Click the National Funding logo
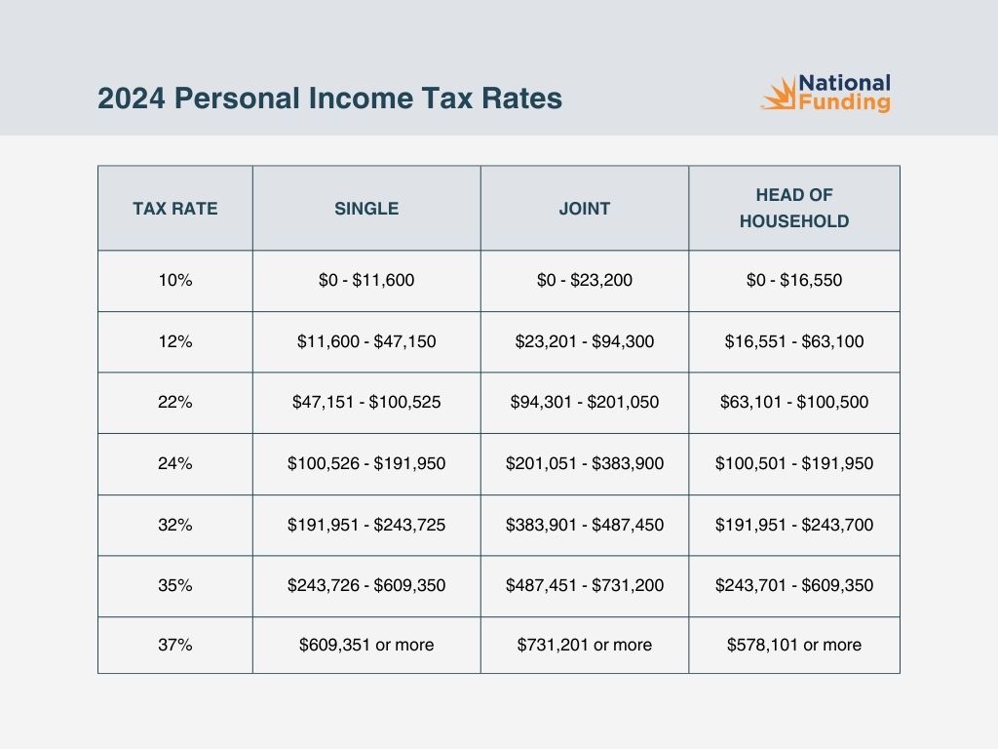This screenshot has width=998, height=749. pyautogui.click(x=825, y=94)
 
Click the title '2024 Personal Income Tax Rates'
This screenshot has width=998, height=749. pyautogui.click(x=329, y=99)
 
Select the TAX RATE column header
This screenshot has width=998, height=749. pyautogui.click(x=175, y=208)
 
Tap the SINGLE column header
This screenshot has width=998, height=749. pyautogui.click(x=366, y=208)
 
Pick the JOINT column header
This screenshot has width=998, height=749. pyautogui.click(x=585, y=208)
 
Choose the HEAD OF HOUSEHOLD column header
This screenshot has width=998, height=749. pyautogui.click(x=794, y=208)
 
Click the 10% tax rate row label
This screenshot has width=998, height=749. pyautogui.click(x=175, y=280)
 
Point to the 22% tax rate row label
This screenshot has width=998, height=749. pyautogui.click(x=175, y=402)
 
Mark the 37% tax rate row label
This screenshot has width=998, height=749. pyautogui.click(x=175, y=645)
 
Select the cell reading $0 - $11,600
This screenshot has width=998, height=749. pyautogui.click(x=366, y=280)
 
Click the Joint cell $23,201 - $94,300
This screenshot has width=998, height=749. pyautogui.click(x=585, y=341)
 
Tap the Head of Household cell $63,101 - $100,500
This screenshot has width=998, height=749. pyautogui.click(x=794, y=402)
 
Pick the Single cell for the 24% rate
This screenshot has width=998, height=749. pyautogui.click(x=366, y=463)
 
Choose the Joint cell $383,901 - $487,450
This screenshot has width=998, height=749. pyautogui.click(x=585, y=525)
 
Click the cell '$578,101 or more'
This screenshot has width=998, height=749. pyautogui.click(x=794, y=645)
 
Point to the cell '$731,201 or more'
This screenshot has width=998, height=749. pyautogui.click(x=585, y=645)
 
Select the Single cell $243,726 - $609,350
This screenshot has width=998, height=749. pyautogui.click(x=366, y=585)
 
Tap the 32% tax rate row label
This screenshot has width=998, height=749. pyautogui.click(x=175, y=525)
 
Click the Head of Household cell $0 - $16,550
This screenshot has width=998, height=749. pyautogui.click(x=794, y=280)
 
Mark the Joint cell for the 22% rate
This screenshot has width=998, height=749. pyautogui.click(x=585, y=402)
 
